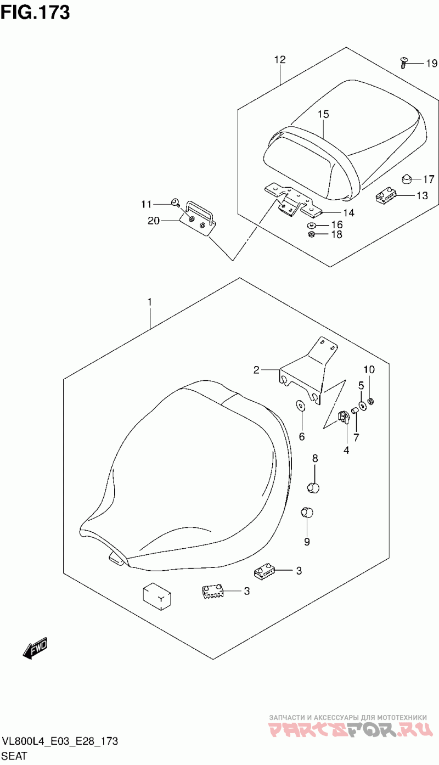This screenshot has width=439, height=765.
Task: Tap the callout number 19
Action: (431, 63)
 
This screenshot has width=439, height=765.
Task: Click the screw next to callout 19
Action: (403, 63)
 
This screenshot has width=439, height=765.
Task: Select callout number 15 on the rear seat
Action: (323, 114)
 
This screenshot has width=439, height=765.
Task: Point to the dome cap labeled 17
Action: (407, 178)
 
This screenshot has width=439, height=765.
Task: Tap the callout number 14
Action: (348, 213)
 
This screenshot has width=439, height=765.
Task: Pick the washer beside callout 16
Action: (311, 226)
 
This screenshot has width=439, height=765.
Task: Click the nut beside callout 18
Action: (311, 234)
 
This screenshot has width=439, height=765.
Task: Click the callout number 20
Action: (154, 221)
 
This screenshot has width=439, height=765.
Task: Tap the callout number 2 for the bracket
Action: (256, 370)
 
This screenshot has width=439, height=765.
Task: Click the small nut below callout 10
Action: (372, 401)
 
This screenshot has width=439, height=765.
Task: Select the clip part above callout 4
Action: (344, 417)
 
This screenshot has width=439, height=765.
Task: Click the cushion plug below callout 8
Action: (314, 488)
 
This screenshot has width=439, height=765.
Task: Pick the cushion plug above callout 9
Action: (307, 512)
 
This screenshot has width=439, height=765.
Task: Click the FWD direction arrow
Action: (35, 648)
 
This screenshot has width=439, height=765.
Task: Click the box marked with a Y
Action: (157, 597)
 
